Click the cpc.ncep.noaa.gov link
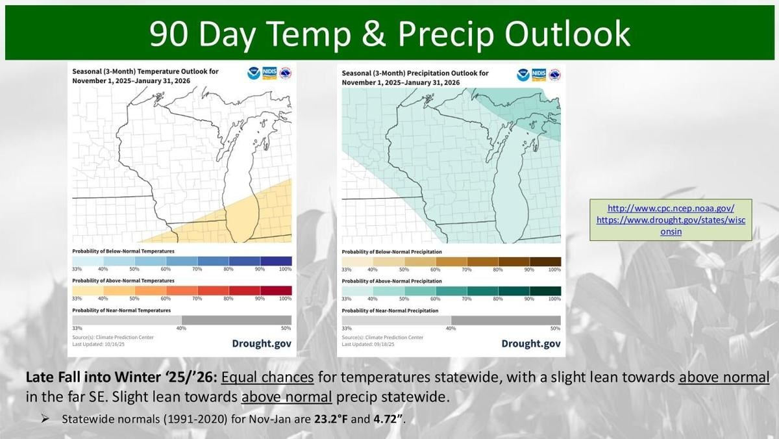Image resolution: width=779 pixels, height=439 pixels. point(671,208)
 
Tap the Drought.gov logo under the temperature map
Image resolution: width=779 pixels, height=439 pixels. point(262,344)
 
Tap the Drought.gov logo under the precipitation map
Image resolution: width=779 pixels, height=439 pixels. point(530,344)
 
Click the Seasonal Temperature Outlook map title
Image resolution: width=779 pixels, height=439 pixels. point(145,77)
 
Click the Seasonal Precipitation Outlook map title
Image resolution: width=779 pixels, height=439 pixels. point(415,77)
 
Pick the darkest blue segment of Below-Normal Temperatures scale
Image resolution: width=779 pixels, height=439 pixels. point(276,261)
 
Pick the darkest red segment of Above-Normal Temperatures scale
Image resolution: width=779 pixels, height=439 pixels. point(276,290)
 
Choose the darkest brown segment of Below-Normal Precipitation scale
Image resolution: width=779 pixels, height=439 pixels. point(545,261)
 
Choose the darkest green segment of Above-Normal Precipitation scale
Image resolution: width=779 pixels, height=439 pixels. point(545,290)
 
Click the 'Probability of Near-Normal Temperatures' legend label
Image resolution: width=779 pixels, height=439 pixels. point(121,310)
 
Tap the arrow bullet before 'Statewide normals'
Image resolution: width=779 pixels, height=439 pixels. point(45,419)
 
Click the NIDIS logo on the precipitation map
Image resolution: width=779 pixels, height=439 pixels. point(539,73)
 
